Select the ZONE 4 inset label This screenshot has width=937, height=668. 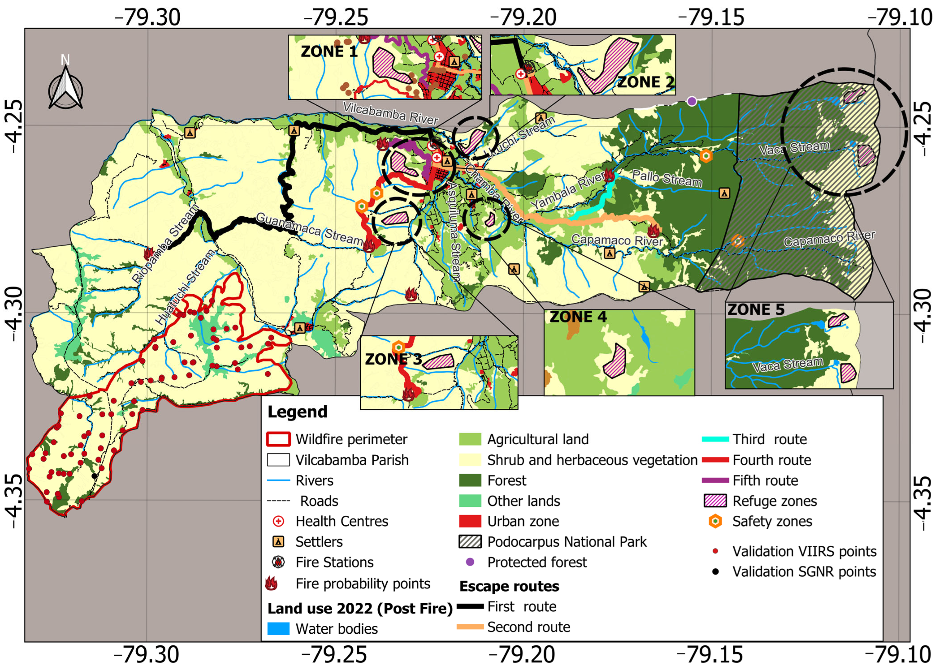[578, 317]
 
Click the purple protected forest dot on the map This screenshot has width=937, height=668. [692, 101]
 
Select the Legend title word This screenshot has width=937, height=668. [297, 412]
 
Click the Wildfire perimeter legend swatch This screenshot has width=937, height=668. [279, 439]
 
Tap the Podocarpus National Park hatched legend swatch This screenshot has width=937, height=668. [470, 542]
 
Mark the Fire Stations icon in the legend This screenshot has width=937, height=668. [279, 562]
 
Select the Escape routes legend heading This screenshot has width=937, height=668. [509, 586]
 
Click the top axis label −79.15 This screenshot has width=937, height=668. [711, 17]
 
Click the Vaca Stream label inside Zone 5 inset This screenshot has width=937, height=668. [788, 364]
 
